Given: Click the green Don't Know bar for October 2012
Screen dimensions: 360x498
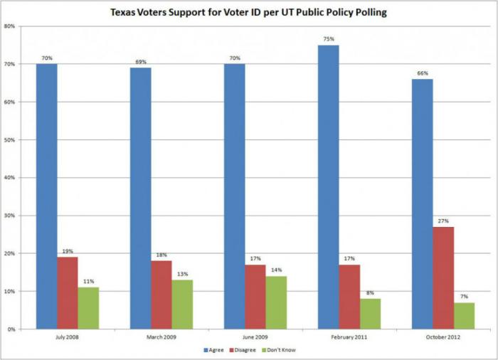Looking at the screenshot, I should tap(463, 316).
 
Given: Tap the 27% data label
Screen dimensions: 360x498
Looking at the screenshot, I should tap(443, 221).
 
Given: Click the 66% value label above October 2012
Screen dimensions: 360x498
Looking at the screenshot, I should tap(422, 73).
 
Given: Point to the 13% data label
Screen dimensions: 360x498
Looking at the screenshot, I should tap(182, 274).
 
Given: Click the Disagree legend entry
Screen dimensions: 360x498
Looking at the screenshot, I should tap(251, 350).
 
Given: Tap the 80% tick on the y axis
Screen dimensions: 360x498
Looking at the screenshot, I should tap(10, 26).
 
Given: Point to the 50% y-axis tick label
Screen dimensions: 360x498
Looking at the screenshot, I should tap(10, 140).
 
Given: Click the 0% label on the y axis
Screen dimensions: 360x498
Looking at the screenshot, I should tap(11, 329).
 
